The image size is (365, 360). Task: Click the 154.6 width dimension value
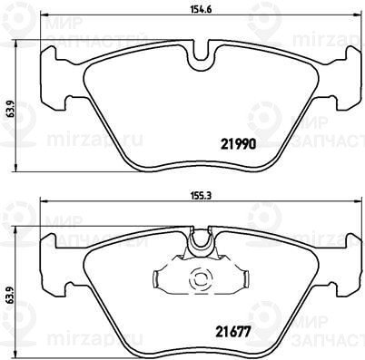point(201,9)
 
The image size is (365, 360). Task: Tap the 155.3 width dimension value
point(201,196)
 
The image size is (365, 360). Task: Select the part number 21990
point(239,144)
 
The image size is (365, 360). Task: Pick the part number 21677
point(233,332)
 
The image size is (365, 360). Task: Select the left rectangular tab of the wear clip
point(156,279)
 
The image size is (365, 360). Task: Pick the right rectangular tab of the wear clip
point(246,278)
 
